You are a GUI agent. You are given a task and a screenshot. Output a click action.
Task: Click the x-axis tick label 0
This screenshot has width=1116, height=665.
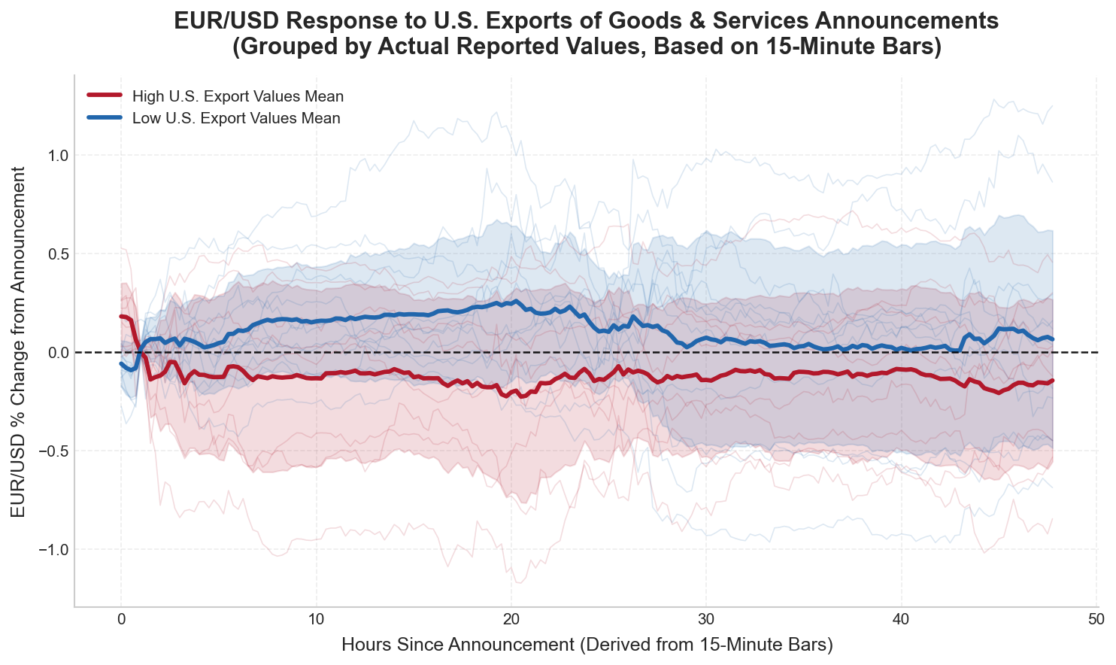coord(120,620)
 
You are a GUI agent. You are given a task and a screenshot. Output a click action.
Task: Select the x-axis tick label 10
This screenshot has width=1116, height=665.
coord(316,620)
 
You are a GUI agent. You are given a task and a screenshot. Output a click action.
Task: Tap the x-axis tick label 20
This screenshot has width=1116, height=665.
coord(511,620)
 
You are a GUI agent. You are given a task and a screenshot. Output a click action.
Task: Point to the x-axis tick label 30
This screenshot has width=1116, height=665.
coord(705,620)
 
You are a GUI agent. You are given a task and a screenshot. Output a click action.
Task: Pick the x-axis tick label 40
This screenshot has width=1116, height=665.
coord(901,620)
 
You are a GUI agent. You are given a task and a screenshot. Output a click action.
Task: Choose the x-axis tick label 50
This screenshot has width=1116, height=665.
coord(1096,620)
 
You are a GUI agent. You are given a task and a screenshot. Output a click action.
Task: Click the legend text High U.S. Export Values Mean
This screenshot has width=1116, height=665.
coord(238,96)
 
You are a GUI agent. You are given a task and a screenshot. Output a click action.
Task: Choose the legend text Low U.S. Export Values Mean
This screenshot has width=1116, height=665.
coord(236,118)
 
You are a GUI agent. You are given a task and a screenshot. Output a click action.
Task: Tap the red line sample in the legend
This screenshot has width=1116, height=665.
coord(104,96)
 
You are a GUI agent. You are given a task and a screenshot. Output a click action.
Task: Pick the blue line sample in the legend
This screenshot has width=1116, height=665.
coord(104,118)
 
